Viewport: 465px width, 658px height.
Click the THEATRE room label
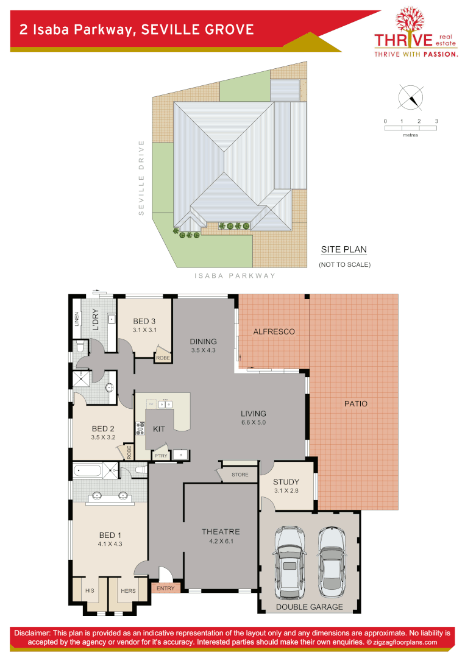tap(221, 531)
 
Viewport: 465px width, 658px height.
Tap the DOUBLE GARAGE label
tap(310, 607)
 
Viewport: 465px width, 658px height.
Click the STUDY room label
tap(286, 482)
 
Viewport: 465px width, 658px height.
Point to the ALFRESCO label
tap(274, 331)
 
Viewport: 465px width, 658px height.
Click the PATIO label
tap(356, 403)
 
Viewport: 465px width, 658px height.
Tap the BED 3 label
tap(144, 321)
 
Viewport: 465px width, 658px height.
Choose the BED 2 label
tap(103, 428)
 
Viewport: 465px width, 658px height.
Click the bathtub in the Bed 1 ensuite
tap(88, 470)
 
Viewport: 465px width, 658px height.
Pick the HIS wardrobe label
tap(90, 590)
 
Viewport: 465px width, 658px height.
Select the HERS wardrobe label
tap(128, 590)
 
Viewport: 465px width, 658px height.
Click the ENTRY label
tap(165, 588)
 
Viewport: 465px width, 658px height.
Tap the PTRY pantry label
tap(161, 455)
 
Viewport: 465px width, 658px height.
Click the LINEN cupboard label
tap(77, 319)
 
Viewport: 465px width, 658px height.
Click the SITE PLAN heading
tap(344, 250)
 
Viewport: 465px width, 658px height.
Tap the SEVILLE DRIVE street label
tap(141, 178)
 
